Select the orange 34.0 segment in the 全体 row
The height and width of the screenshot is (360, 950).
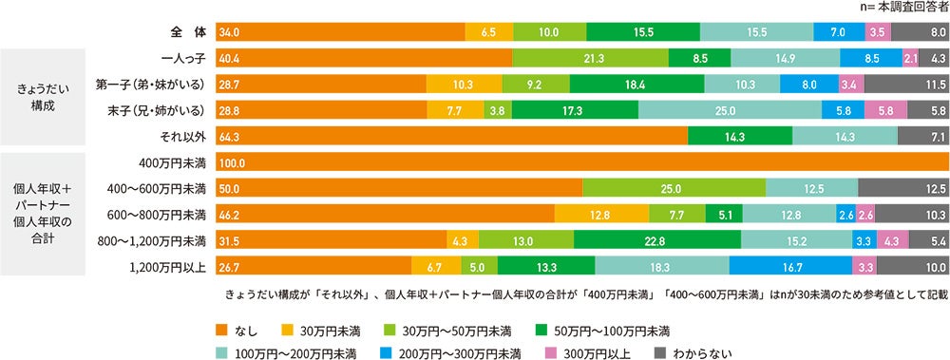pyautogui.click(x=340, y=31)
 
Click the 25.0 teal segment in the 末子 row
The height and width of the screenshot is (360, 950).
pyautogui.click(x=729, y=110)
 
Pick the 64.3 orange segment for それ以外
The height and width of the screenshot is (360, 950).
pyautogui.click(x=451, y=136)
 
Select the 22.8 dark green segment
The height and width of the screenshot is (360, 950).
pyautogui.click(x=656, y=240)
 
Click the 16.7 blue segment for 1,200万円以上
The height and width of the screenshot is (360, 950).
pyautogui.click(x=789, y=266)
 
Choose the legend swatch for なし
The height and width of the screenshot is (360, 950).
pyautogui.click(x=222, y=331)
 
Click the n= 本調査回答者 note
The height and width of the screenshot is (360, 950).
pyautogui.click(x=895, y=7)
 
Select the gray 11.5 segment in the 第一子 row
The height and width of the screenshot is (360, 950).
pyautogui.click(x=906, y=84)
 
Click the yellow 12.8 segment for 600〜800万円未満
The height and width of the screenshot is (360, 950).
pyautogui.click(x=601, y=215)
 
